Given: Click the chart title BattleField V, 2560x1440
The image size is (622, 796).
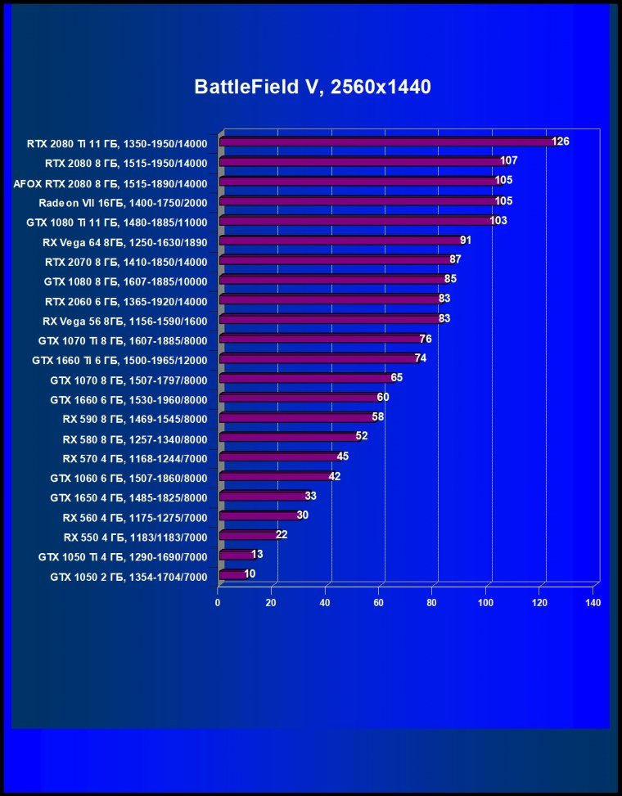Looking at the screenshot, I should (x=312, y=88).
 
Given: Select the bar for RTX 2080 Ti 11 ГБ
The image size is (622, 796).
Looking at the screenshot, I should (x=385, y=142).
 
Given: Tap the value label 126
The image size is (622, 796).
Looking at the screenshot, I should (x=561, y=142).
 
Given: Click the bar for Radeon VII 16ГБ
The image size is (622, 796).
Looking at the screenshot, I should (x=357, y=200).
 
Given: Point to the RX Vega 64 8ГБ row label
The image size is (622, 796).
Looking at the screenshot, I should (x=124, y=242).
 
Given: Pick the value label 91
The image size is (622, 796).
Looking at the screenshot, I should (x=466, y=240).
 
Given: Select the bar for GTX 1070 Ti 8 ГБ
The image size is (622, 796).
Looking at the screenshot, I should (x=318, y=339).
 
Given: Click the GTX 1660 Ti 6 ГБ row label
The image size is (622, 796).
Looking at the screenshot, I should (x=119, y=360).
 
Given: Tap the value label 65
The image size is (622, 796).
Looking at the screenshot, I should (x=397, y=378).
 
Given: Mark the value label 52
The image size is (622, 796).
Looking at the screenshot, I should (x=362, y=437).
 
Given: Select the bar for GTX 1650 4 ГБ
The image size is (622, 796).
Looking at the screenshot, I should (x=261, y=496).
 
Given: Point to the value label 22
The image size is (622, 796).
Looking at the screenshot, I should (x=282, y=535).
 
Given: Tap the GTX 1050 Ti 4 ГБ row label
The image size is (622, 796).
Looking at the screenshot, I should (x=123, y=556).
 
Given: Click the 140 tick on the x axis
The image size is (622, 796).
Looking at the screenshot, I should (x=593, y=603).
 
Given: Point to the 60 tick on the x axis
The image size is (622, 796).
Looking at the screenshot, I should (x=379, y=603).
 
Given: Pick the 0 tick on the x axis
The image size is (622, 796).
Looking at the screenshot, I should (x=218, y=603).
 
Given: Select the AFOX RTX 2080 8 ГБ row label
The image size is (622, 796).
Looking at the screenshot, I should (x=110, y=183).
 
